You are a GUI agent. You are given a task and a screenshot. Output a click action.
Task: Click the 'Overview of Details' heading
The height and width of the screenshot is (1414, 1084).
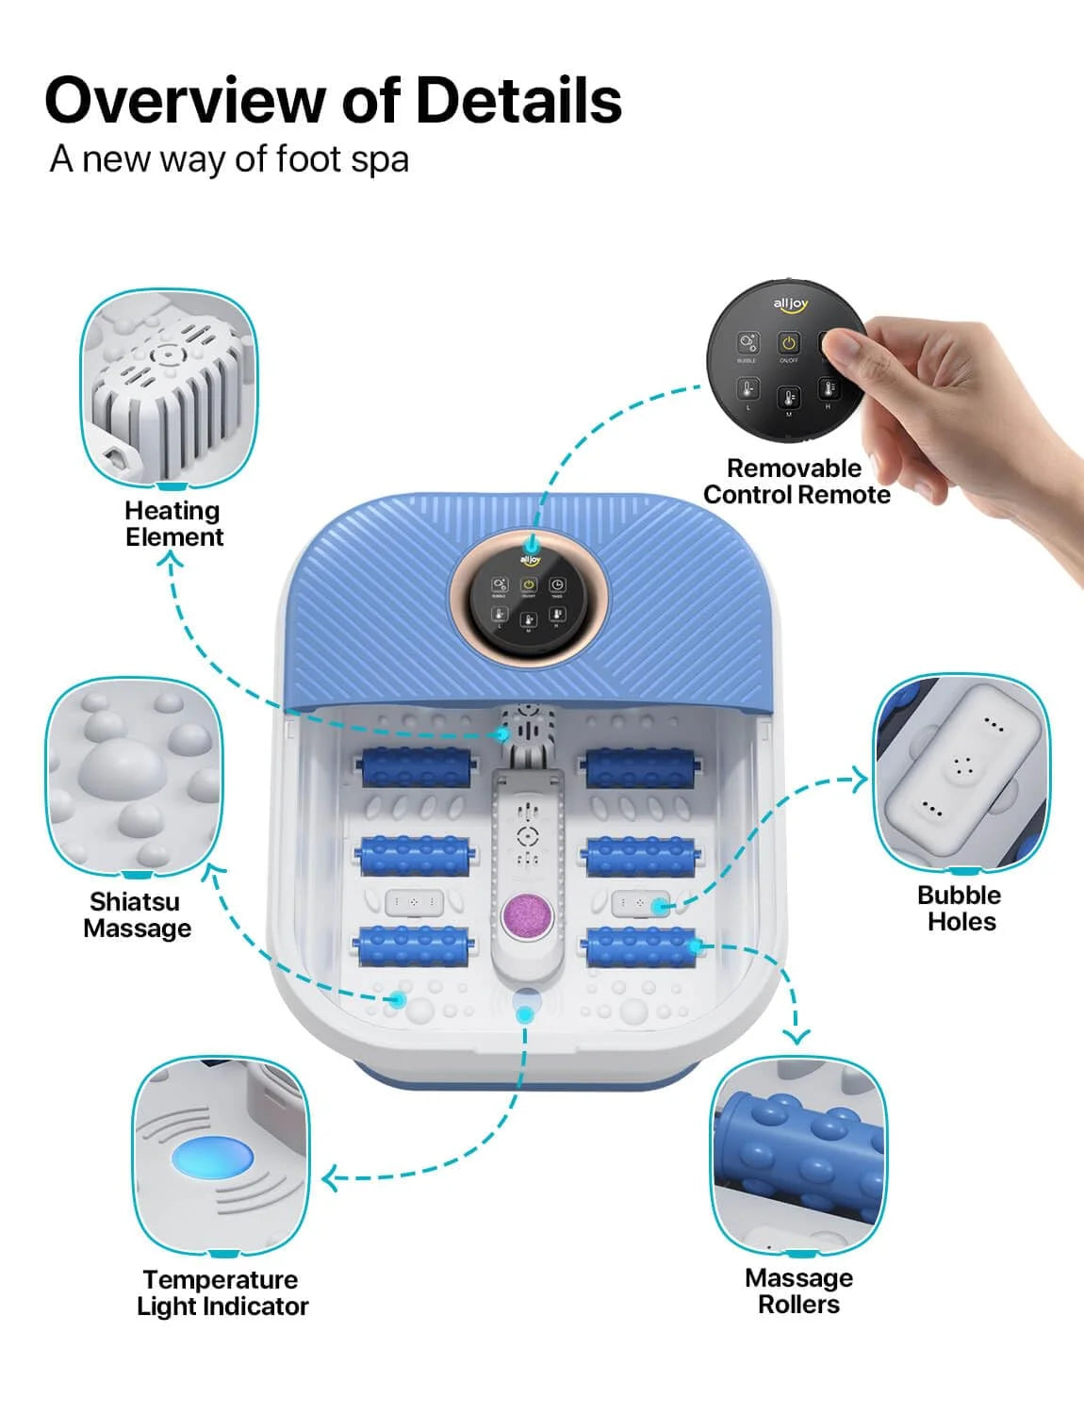coord(333,100)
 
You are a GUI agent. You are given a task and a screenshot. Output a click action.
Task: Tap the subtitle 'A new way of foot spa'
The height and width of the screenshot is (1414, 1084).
coord(229,158)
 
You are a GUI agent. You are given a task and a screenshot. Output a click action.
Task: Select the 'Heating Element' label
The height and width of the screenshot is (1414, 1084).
coord(173,524)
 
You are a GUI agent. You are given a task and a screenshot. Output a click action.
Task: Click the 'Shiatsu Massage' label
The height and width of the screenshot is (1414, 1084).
coord(137,915)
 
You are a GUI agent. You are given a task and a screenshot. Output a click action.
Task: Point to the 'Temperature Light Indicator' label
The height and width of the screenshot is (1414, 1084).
coord(222,1292)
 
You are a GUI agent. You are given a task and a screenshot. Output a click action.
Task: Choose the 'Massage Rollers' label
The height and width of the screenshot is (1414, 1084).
coord(798,1291)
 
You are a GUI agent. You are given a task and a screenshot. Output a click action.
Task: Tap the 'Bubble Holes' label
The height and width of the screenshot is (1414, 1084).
coord(960,909)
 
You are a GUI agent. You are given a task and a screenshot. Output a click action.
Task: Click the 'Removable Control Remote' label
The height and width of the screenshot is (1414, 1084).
coord(796,482)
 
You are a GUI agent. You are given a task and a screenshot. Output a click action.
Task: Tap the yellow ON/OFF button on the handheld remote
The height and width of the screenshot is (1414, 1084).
coord(788,343)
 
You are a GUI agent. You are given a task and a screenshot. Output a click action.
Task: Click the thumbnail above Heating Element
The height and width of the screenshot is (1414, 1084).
coord(170,388)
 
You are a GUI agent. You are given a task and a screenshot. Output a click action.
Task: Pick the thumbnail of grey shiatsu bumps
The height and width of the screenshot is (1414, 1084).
coord(134,775)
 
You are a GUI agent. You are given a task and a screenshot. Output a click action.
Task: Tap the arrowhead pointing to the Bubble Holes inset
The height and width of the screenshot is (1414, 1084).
coord(860,779)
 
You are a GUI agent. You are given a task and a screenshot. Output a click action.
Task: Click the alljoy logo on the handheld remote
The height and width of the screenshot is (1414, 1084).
coord(790,304)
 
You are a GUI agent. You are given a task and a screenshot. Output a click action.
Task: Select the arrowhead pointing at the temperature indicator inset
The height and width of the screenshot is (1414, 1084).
coord(330,1178)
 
